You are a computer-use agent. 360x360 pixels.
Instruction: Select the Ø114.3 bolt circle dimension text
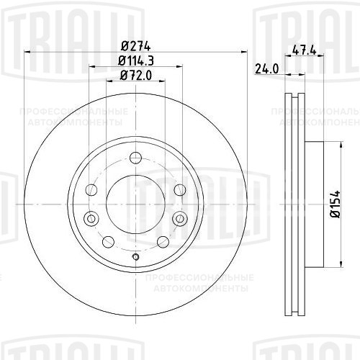click(135, 60)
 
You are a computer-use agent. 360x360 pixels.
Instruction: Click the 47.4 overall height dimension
click(306, 50)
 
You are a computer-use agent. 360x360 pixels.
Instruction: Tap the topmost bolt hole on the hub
click(135, 160)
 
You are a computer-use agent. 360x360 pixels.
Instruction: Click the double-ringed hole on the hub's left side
click(90, 220)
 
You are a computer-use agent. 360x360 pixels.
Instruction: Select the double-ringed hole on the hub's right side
click(179, 220)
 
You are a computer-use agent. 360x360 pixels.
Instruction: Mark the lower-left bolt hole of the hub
click(107, 241)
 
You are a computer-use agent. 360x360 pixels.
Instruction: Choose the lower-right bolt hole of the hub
click(163, 241)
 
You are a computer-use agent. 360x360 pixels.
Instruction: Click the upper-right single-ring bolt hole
click(179, 189)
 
